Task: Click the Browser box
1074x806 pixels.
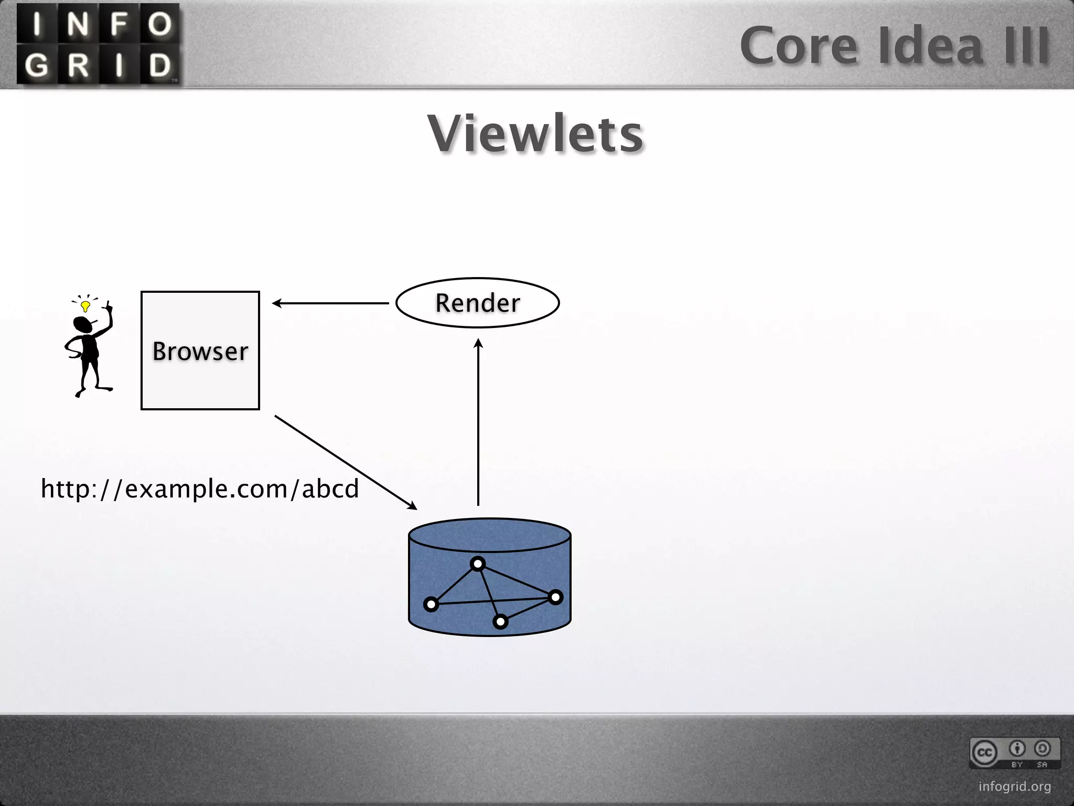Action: point(200,350)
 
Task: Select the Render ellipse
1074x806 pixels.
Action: point(477,303)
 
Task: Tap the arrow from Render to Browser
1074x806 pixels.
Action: point(330,303)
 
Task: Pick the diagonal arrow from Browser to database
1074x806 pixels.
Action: point(346,462)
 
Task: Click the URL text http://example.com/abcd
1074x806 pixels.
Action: point(200,489)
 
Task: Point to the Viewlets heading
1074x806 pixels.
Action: point(535,134)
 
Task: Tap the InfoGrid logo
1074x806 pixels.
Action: point(98,44)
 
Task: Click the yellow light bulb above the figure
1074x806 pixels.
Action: point(85,305)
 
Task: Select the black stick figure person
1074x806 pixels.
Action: point(89,352)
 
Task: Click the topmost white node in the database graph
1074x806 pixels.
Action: point(477,564)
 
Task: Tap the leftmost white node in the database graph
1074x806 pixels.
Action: point(431,604)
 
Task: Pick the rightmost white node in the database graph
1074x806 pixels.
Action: point(555,597)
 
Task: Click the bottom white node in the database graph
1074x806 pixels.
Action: point(500,622)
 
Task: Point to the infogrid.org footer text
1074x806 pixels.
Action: point(1015,787)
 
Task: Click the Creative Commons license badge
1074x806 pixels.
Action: point(1015,752)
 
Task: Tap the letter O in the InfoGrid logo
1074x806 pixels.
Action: point(159,24)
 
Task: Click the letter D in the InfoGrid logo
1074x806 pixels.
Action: point(159,65)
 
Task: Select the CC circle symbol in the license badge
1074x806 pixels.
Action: point(984,752)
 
